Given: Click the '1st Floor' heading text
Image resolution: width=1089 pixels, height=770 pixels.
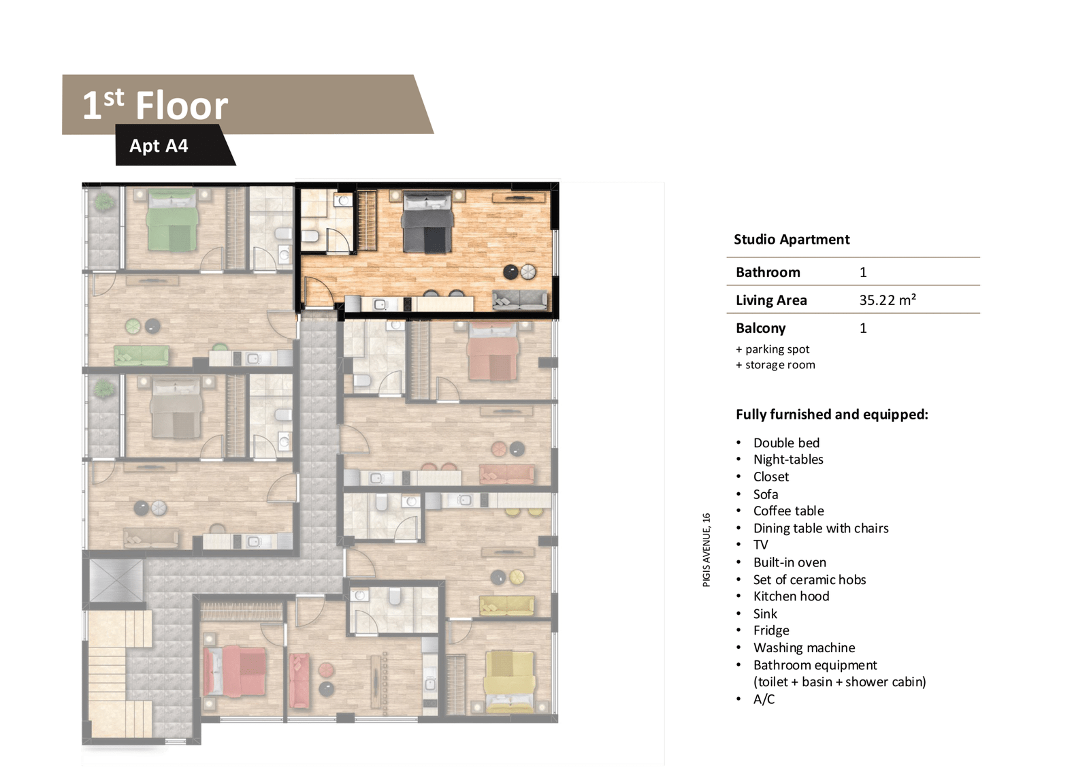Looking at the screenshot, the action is click(x=155, y=105).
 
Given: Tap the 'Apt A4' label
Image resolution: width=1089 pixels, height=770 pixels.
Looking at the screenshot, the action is click(x=159, y=146).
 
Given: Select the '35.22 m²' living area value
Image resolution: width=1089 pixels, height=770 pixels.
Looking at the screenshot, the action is click(x=888, y=300).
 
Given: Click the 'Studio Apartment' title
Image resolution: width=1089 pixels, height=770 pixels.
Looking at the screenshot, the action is click(x=792, y=240).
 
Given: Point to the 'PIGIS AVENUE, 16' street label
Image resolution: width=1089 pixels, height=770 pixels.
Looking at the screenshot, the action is click(x=706, y=549).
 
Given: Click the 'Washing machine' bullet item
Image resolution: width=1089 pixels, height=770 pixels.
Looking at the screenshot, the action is click(x=804, y=647).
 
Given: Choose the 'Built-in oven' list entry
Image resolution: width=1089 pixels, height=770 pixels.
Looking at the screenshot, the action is click(x=790, y=562).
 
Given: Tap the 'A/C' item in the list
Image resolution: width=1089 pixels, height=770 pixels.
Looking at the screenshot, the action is click(x=764, y=699).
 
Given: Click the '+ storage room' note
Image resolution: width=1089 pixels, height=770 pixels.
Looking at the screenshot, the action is click(x=775, y=365).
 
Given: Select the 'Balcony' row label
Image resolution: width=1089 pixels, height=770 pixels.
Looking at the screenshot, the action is click(x=760, y=328).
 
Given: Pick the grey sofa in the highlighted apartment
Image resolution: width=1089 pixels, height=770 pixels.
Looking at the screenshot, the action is click(x=520, y=299).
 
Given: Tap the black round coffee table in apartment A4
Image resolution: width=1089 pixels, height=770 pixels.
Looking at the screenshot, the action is click(x=510, y=272).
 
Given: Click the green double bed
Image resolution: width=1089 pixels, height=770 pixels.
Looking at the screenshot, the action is click(x=172, y=219).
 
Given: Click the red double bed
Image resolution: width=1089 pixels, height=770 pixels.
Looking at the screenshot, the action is click(x=235, y=672).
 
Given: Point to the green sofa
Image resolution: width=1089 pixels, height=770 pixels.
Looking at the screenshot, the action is click(x=142, y=355).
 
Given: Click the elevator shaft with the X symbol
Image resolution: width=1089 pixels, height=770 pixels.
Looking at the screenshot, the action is click(x=116, y=580).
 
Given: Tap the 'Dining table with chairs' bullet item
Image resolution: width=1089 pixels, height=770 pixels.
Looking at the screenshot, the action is click(x=821, y=528).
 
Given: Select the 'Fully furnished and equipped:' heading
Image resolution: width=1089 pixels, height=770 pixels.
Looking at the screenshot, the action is click(x=832, y=415).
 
